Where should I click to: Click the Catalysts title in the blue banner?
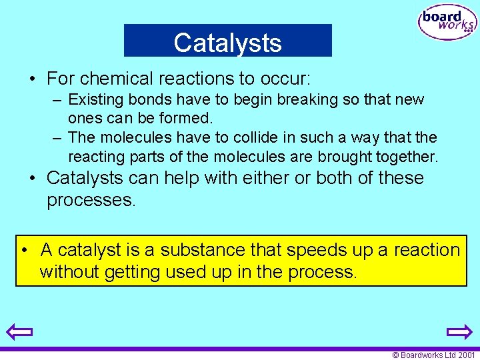point(227,43)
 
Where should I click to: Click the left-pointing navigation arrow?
point(20,331)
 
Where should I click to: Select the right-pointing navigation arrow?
point(459,331)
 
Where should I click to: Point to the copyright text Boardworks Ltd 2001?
point(434,355)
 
